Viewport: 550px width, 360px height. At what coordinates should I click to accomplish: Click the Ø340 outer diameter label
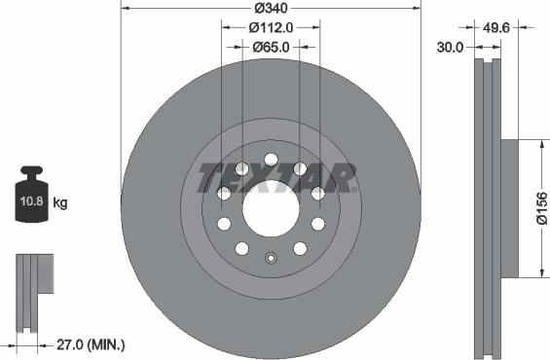272,9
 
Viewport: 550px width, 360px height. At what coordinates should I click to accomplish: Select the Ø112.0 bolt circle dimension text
272,27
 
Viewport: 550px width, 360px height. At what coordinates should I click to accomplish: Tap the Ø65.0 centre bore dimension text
273,46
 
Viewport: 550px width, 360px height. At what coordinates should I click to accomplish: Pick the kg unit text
60,203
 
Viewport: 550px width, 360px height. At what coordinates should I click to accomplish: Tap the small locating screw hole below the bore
272,259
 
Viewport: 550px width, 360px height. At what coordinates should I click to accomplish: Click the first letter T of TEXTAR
207,178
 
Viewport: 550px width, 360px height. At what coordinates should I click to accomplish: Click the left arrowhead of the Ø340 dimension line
125,9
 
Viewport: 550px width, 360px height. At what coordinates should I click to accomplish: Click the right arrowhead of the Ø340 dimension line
419,9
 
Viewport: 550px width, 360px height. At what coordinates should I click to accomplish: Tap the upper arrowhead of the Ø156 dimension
538,144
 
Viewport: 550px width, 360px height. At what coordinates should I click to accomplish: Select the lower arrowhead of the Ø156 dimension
538,273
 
